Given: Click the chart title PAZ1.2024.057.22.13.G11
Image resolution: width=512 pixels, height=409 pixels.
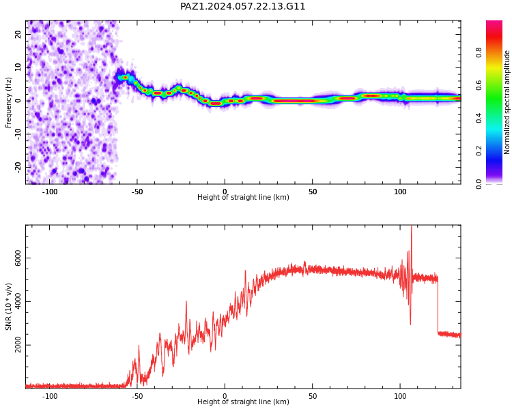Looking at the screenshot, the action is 242,7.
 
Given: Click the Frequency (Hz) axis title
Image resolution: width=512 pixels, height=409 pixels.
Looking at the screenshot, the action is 8,102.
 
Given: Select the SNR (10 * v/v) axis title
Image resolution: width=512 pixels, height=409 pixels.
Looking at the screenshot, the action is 8,307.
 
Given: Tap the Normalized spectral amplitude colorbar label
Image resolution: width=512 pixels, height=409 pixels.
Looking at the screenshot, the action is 507,102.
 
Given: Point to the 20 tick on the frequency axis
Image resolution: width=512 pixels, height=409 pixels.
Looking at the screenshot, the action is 18,34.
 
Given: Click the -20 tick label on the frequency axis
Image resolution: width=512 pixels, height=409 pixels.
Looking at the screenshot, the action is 18,167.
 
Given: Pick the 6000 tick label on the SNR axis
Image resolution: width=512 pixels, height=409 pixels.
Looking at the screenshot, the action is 18,258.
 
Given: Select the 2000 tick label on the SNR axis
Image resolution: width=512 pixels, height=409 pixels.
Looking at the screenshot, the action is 18,345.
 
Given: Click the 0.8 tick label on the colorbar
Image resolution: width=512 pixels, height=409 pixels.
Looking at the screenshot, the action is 479,52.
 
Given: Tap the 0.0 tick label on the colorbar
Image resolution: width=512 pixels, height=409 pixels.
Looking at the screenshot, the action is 479,184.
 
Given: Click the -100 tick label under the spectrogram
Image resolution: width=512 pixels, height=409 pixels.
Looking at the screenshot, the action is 50,192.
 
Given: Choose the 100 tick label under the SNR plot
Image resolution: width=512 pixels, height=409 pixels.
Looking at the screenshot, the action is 400,396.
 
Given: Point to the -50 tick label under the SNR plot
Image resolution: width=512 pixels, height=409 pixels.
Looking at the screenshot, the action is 137,396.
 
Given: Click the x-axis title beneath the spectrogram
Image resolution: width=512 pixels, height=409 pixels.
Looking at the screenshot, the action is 243,197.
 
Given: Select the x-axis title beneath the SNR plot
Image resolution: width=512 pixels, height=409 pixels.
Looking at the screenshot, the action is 243,402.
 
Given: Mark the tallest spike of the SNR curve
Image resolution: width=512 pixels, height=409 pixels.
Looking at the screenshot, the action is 411,226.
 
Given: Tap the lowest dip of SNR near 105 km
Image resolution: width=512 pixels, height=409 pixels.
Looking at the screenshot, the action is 410,324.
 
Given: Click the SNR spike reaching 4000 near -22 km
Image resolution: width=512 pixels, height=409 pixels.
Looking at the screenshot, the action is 186,302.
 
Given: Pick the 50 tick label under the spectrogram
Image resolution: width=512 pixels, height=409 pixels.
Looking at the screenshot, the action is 313,192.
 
